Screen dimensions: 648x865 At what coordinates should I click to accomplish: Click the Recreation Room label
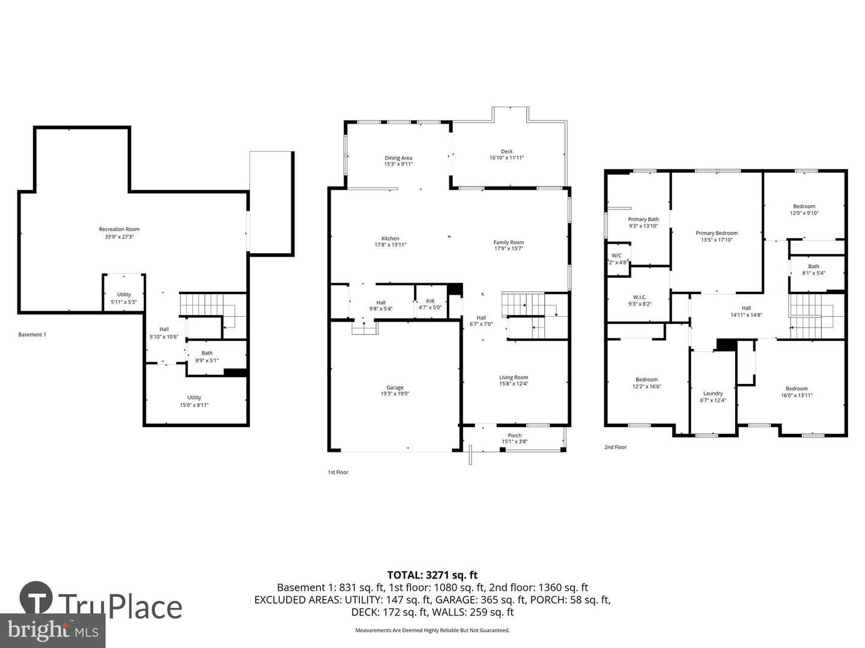click(x=119, y=229)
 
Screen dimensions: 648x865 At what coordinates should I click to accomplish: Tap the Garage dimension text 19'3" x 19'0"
click(x=395, y=394)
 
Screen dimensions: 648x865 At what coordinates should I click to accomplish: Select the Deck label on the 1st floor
click(x=506, y=152)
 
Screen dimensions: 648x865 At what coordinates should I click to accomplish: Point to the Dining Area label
click(x=398, y=158)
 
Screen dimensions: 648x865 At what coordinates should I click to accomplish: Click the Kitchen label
click(x=390, y=238)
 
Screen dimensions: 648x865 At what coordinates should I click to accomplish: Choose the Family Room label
click(x=508, y=242)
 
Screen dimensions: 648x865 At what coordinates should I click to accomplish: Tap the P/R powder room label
click(x=430, y=301)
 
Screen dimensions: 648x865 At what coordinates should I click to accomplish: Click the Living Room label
click(x=513, y=377)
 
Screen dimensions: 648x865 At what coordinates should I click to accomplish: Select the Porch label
click(x=514, y=436)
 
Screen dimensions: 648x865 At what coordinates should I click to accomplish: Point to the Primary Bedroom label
click(x=716, y=233)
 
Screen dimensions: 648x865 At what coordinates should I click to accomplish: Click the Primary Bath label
click(x=643, y=220)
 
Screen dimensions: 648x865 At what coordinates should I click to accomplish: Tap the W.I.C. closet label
click(x=639, y=297)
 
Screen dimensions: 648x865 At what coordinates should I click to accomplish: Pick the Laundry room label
click(x=713, y=394)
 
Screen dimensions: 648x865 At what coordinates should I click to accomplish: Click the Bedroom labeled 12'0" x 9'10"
click(x=804, y=206)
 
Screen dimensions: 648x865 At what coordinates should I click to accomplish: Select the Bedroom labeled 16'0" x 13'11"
click(x=797, y=388)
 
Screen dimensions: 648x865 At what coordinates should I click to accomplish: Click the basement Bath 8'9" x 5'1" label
click(x=207, y=353)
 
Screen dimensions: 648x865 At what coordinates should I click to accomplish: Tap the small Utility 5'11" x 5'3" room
click(x=124, y=295)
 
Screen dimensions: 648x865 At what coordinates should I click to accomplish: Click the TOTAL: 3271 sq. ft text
click(x=432, y=575)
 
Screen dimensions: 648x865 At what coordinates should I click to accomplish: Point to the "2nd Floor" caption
click(x=615, y=447)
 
